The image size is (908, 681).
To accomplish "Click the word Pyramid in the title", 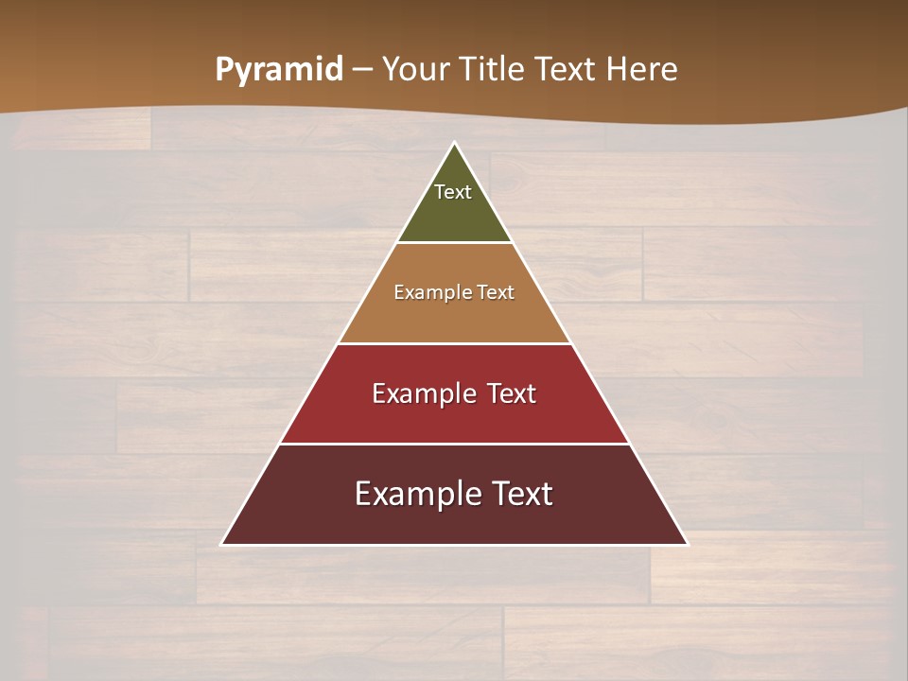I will coord(278,70).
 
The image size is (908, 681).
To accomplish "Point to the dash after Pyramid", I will coord(362,70).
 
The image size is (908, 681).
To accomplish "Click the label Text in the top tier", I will coord(453,192).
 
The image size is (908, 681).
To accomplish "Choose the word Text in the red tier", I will coord(512,393).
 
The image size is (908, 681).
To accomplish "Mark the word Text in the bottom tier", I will coord(521,494).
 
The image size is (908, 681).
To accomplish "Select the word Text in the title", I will coord(566,70).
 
